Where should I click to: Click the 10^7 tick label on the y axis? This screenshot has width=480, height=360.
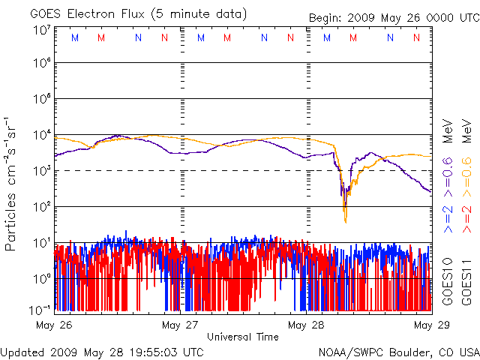pyautogui.click(x=41, y=30)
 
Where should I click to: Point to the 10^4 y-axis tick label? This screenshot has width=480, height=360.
pyautogui.click(x=41, y=135)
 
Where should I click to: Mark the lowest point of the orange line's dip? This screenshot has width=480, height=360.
pyautogui.click(x=346, y=222)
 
